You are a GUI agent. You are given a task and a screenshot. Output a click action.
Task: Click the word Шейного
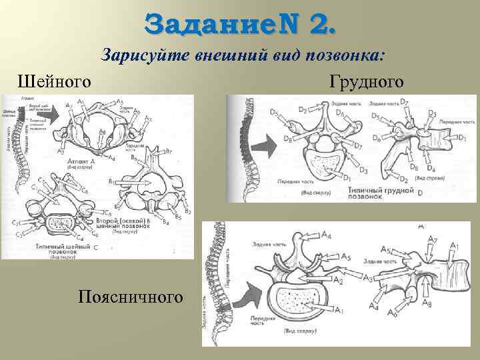[x=54, y=82]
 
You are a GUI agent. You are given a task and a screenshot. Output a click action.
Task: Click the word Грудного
[x=366, y=82]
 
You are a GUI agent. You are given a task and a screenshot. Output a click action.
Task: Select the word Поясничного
[x=129, y=295]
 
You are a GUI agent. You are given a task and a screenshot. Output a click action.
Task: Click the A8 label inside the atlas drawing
[x=101, y=131]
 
